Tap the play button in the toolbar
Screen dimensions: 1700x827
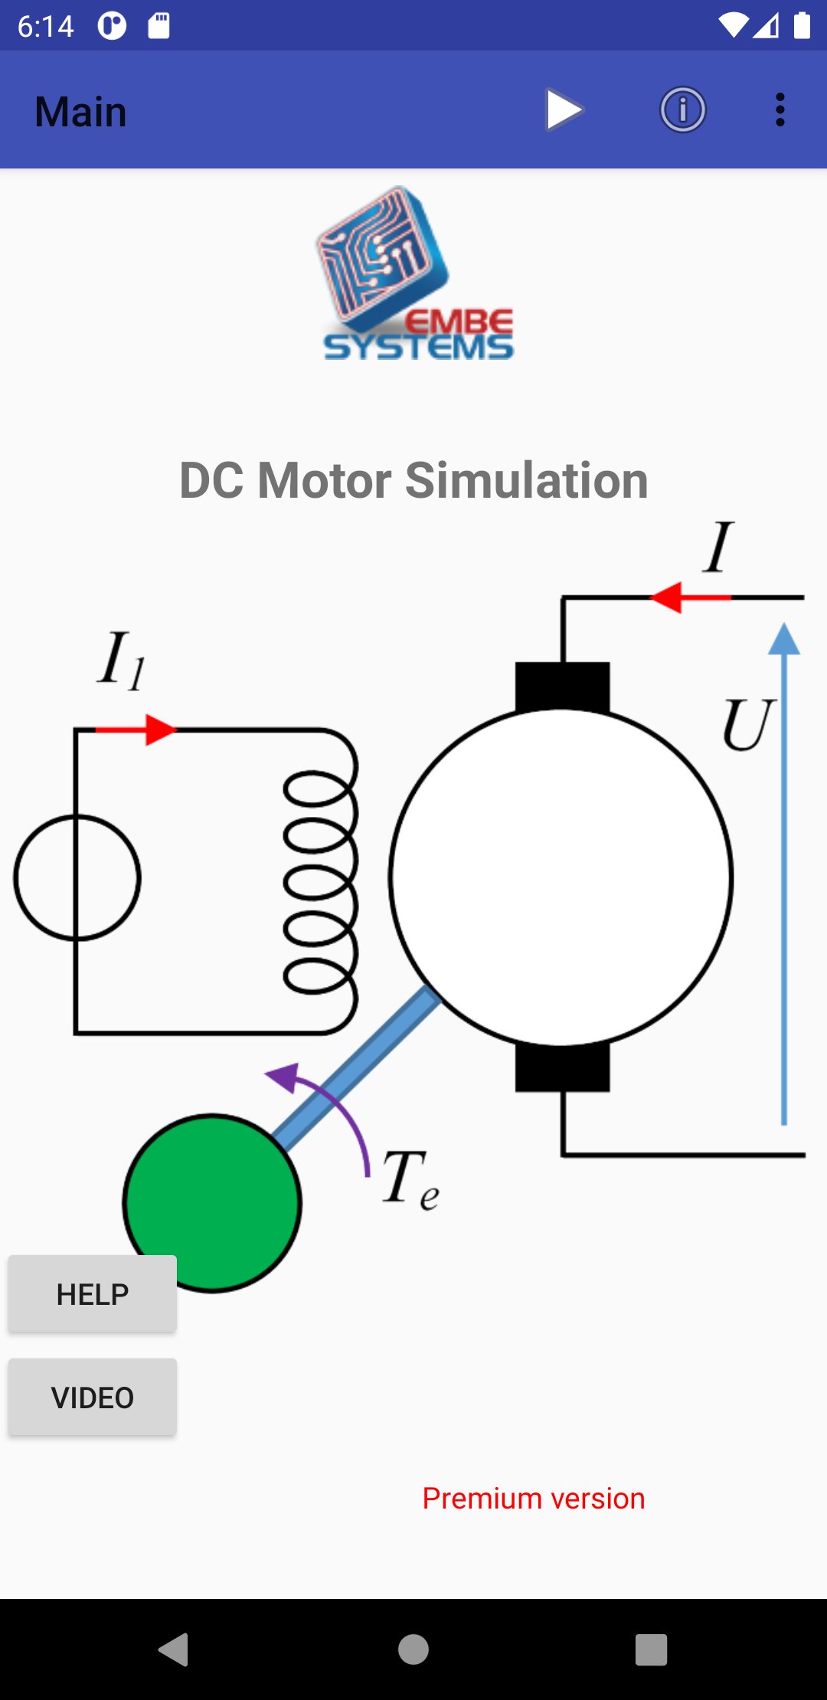[x=564, y=110]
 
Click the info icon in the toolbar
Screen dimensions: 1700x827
[x=682, y=110]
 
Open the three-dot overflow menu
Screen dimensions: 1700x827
[x=780, y=110]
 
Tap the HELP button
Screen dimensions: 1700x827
[x=93, y=1294]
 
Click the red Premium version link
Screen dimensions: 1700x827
[x=534, y=1499]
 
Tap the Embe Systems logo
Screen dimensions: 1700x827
[x=413, y=274]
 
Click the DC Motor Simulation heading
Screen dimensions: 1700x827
[x=413, y=481]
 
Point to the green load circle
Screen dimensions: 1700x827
[x=212, y=1202]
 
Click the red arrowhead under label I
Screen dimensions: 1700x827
[x=666, y=597]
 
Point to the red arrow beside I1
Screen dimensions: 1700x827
[x=159, y=730]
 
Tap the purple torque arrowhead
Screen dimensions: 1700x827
[x=282, y=1075]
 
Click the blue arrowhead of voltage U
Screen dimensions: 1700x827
[x=784, y=639]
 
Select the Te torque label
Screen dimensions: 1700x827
[x=409, y=1179]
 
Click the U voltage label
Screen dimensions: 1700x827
[x=747, y=724]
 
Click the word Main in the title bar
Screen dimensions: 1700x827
[x=80, y=112]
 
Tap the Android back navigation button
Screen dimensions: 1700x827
[x=174, y=1649]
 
